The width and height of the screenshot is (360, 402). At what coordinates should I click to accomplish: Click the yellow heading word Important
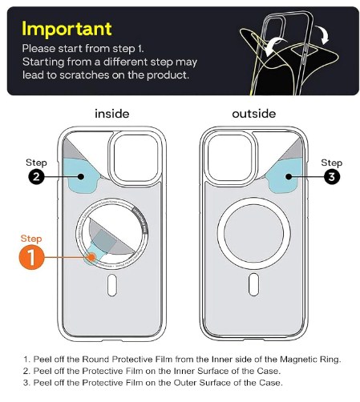66,30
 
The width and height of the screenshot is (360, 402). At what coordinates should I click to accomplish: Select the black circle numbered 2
36,177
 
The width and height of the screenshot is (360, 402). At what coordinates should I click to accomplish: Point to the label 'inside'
111,114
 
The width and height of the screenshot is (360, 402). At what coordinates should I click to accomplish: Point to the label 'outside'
253,114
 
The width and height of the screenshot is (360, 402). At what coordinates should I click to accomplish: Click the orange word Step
30,239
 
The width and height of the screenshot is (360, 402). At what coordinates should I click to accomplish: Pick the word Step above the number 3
333,162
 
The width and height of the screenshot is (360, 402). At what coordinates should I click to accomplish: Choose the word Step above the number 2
36,162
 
